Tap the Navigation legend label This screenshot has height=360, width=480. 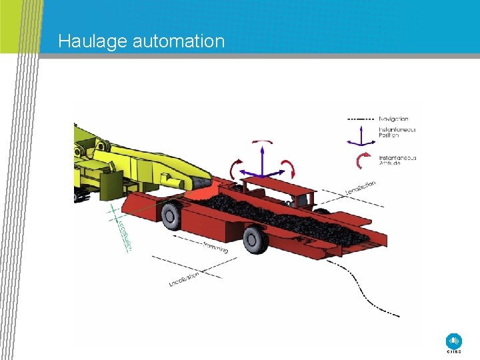[x=393, y=119]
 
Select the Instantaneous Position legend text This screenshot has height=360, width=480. [x=397, y=132]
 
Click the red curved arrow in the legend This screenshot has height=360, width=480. [x=365, y=160]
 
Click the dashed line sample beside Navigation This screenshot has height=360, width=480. [x=360, y=119]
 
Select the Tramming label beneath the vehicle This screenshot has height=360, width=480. [x=215, y=248]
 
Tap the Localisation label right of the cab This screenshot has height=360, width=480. [x=361, y=189]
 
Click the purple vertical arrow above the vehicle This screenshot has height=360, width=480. [x=262, y=160]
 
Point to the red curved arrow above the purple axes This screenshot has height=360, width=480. [x=261, y=142]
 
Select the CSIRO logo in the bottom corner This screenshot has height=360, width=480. [x=453, y=341]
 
